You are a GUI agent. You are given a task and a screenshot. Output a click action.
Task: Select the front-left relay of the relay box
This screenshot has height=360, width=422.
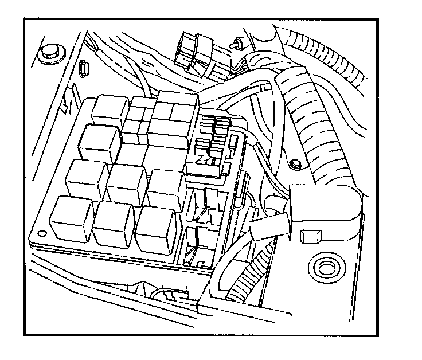click(x=72, y=218)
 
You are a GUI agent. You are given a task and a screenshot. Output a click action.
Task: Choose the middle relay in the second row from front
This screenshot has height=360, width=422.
click(x=127, y=185)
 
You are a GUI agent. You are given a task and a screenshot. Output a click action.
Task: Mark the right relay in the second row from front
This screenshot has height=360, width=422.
click(x=165, y=189)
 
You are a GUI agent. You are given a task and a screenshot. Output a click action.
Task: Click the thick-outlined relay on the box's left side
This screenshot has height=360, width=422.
click(x=100, y=143)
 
